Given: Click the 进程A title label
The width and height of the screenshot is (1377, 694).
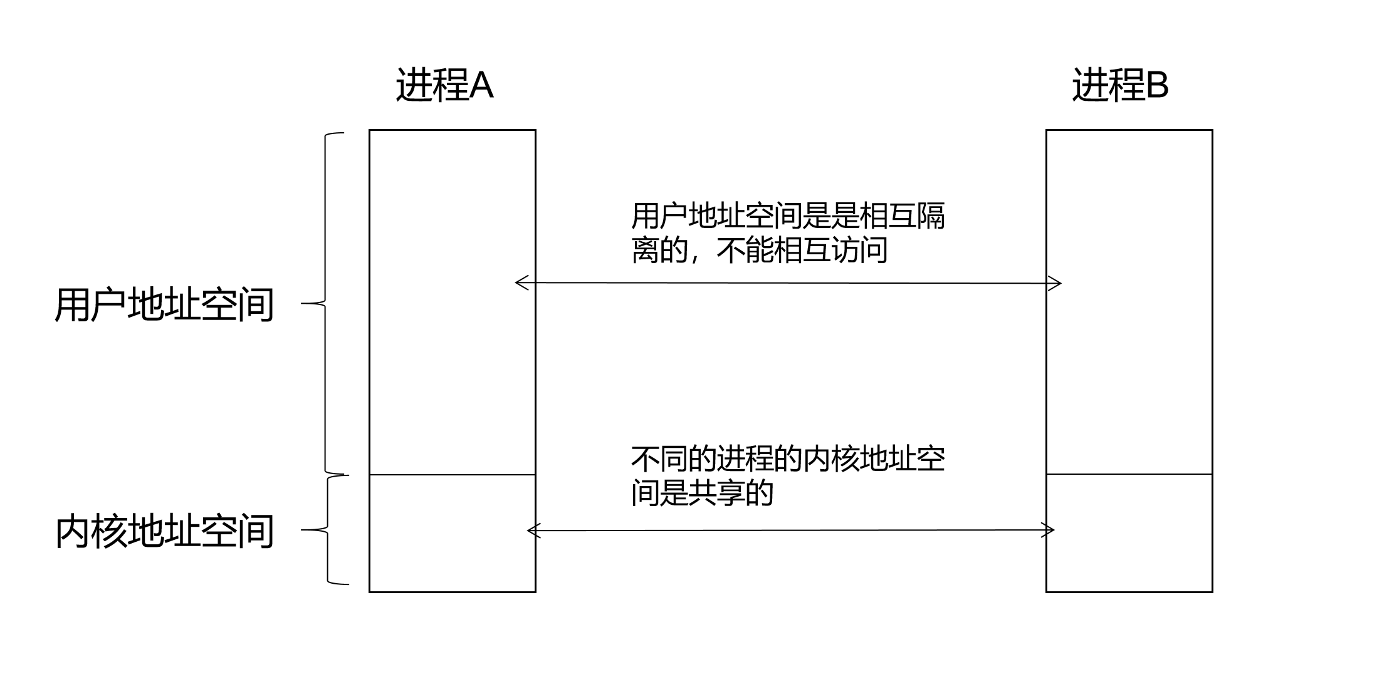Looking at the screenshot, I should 444,85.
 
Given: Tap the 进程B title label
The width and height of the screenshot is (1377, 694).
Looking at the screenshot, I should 1120,85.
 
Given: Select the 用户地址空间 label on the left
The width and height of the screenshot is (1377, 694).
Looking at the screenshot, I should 164,305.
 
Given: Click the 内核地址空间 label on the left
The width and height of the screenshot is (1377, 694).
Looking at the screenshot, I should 164,532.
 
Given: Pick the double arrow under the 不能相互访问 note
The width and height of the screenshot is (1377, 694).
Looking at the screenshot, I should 788,283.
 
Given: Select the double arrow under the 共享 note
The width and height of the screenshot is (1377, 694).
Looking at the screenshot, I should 791,531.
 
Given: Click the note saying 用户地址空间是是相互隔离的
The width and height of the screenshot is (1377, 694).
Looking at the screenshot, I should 788,233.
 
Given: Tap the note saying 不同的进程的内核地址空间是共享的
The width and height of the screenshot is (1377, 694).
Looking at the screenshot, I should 788,476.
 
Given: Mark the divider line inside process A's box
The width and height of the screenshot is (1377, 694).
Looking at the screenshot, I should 453,475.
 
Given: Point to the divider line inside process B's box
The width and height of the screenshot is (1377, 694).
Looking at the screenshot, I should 1129,474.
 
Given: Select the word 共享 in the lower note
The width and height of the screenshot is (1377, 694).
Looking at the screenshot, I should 716,494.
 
